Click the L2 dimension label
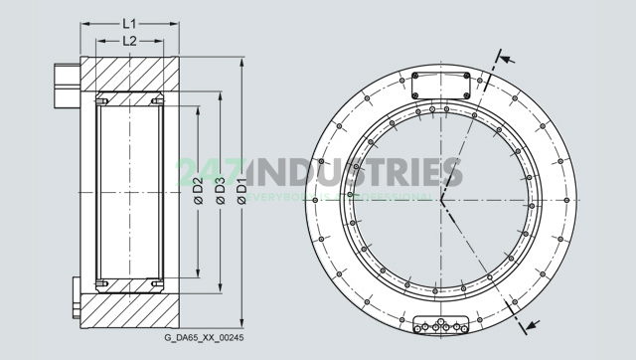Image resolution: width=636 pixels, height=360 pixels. coord(129,41)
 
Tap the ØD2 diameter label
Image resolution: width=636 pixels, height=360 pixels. coord(199,189)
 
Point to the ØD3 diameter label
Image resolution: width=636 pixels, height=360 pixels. coord(220,189)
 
